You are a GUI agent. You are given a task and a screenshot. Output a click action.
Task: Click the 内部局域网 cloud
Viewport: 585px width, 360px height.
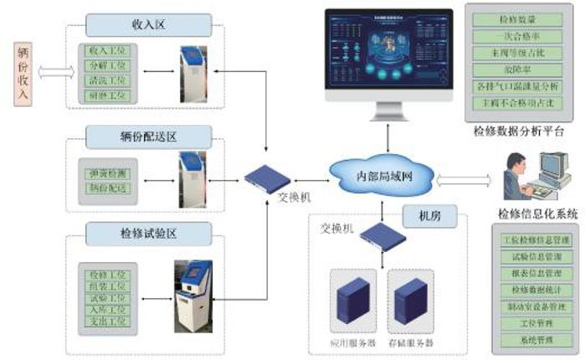point(384,175)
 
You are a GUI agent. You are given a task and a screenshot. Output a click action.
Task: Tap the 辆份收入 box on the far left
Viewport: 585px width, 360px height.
point(23,73)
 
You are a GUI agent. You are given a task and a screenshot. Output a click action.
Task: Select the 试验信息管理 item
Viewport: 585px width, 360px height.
point(531,257)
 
